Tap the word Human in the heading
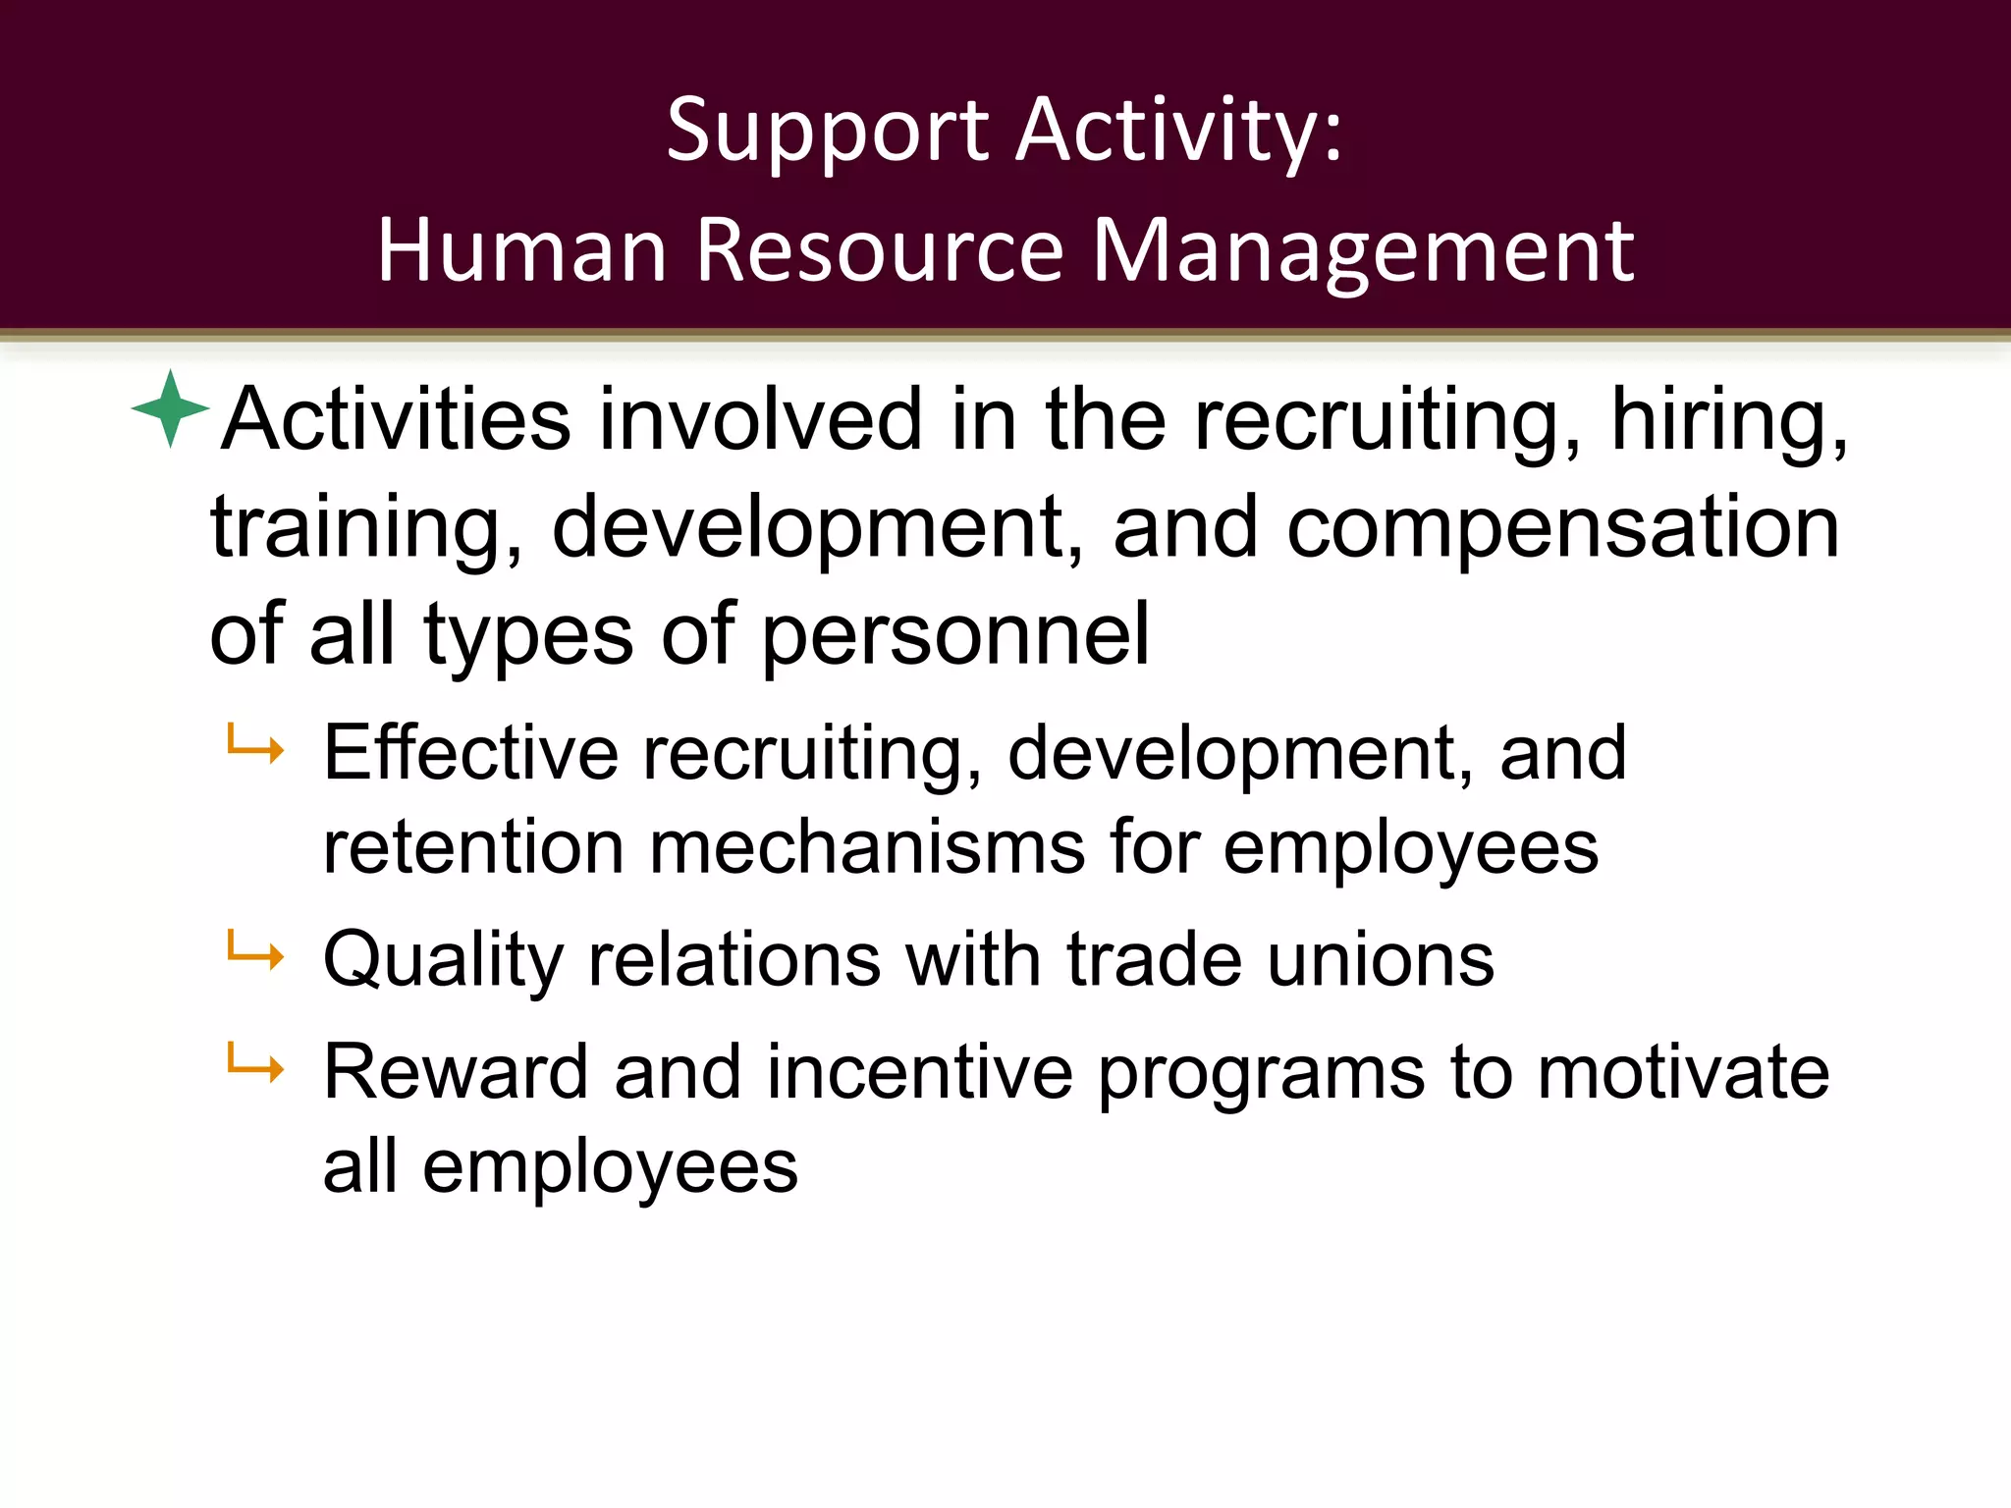[521, 251]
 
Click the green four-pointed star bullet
[171, 408]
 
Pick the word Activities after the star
[396, 420]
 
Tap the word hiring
[1729, 420]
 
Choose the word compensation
[1563, 527]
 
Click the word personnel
[954, 635]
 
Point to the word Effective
[471, 754]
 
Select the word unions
[1381, 959]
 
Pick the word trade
[1154, 959]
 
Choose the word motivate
[1683, 1072]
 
